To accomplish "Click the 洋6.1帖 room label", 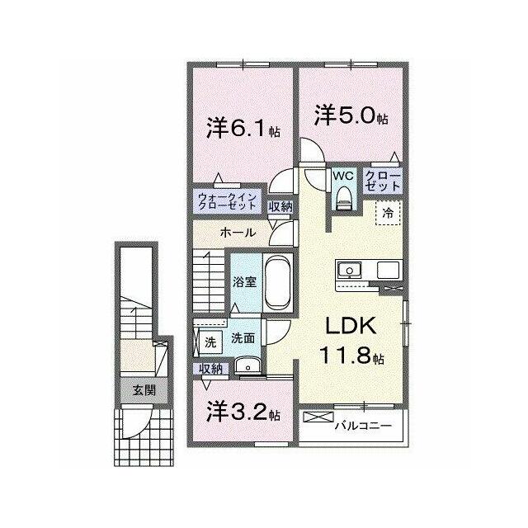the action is (243, 128).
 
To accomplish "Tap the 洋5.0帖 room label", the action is (351, 115).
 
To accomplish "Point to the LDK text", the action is (351, 325).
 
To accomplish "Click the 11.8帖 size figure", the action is (352, 356).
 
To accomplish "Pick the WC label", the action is (343, 176).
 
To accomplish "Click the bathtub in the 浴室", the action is (278, 281).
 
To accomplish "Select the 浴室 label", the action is (245, 282).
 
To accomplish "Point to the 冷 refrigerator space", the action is (389, 213).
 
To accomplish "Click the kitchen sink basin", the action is (350, 270).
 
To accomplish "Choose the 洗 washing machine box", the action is (210, 342).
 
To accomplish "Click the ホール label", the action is (238, 233).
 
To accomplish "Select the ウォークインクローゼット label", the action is (227, 201).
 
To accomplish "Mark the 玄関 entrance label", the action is (144, 390).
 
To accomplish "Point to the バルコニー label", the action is (363, 426).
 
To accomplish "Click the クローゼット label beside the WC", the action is (383, 181).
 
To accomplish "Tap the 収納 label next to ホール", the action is (280, 207).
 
